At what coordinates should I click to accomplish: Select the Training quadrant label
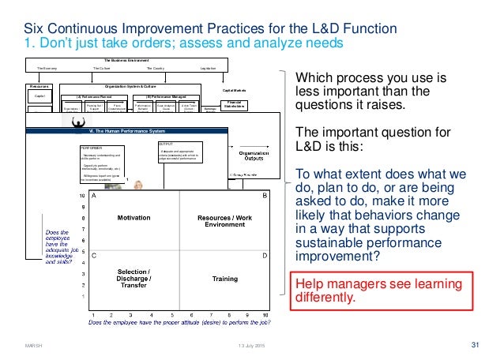point(224,279)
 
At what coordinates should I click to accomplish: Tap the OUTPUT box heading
point(166,144)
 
